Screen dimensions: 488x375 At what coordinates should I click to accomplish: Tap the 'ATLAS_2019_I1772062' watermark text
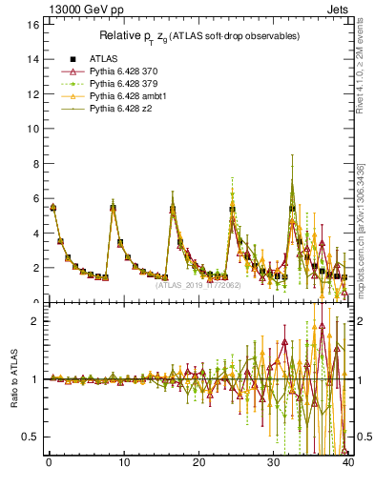click(x=198, y=284)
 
